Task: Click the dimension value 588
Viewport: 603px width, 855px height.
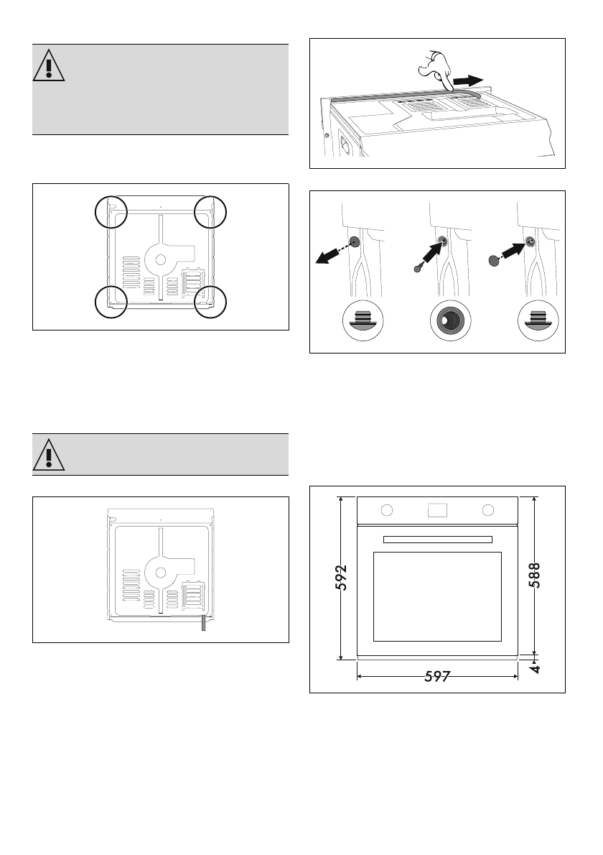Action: [x=535, y=575]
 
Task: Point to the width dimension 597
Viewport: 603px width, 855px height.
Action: [x=437, y=676]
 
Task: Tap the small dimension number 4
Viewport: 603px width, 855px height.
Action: [x=536, y=668]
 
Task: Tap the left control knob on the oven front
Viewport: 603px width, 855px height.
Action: [x=386, y=510]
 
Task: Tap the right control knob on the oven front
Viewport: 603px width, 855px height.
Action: [x=489, y=510]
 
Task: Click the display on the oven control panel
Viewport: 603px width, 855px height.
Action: [x=438, y=510]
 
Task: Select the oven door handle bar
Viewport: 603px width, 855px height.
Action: [x=437, y=539]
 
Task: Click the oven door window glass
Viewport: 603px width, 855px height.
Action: [x=437, y=596]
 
